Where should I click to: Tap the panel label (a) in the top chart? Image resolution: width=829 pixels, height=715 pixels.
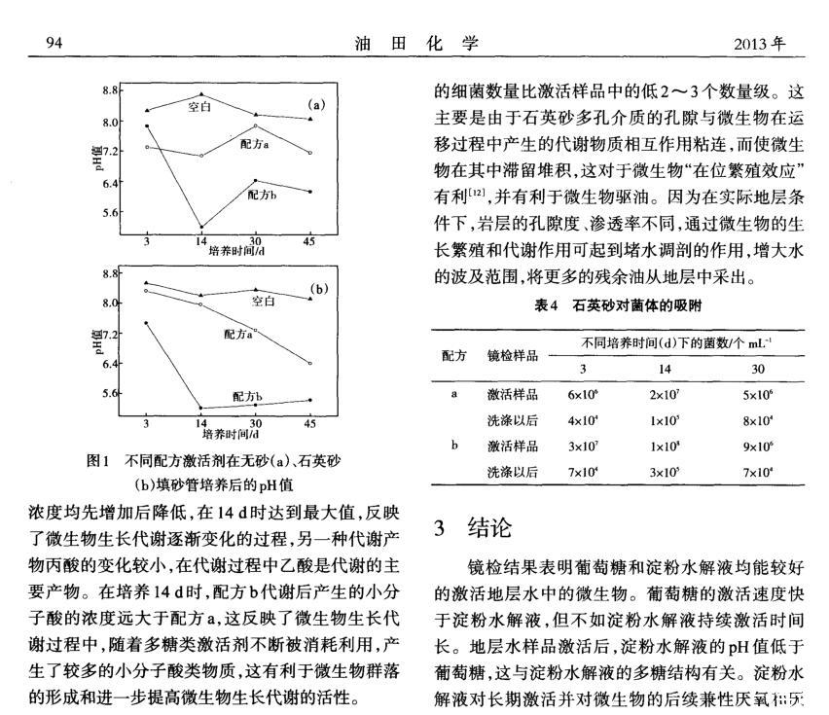point(315,104)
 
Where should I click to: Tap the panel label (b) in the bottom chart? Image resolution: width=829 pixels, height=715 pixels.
point(318,289)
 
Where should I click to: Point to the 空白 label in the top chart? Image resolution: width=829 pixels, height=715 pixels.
point(199,107)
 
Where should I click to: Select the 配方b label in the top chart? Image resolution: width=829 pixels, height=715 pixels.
point(262,195)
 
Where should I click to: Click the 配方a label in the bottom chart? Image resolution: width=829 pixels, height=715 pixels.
point(239,334)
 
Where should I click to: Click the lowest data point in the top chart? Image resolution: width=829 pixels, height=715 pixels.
point(201,227)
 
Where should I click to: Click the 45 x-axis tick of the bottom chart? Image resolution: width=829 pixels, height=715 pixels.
point(309,424)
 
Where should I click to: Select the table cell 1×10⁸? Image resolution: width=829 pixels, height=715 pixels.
point(665,447)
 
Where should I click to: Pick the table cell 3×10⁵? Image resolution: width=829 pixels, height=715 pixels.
point(665,473)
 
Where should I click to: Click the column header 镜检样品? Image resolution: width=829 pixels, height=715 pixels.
point(512,356)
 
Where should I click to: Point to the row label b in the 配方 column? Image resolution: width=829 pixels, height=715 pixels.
point(454,447)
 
